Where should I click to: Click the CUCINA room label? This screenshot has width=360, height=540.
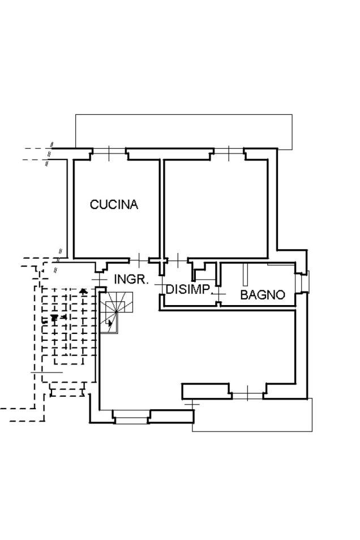point(114,204)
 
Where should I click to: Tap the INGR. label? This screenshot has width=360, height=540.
point(131,280)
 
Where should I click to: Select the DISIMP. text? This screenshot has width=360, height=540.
point(188,290)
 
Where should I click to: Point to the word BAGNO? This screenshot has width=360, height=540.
point(262,295)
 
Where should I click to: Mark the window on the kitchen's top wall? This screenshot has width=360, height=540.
point(109,151)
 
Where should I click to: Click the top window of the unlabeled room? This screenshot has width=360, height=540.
point(229,151)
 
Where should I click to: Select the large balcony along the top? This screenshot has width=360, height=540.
point(184,131)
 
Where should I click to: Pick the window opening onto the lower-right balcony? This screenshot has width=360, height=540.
point(247,395)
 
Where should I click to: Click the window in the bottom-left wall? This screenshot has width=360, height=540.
point(131,417)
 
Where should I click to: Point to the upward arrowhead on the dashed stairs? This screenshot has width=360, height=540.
point(83,291)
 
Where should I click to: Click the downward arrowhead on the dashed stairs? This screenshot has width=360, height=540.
point(54,319)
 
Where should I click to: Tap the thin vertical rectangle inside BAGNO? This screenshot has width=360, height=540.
point(246,275)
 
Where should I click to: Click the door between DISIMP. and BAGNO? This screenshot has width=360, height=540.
point(218,294)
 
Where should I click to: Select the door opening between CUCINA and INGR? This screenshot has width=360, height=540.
point(139,260)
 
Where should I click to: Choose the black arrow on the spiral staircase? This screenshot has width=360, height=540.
point(110,324)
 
